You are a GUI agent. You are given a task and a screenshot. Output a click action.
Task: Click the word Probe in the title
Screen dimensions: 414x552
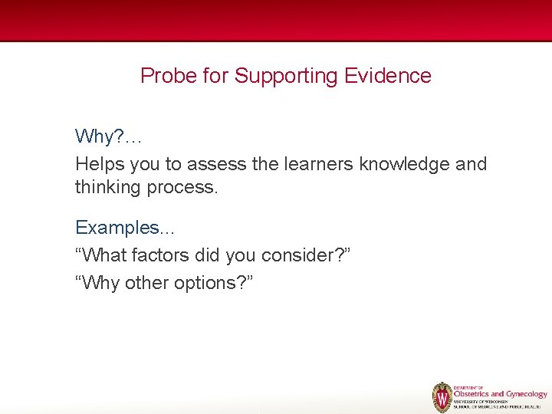(x=164, y=76)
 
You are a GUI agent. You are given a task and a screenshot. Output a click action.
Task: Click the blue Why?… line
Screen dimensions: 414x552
(x=108, y=137)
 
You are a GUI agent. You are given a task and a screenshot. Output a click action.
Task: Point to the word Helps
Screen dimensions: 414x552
(x=100, y=164)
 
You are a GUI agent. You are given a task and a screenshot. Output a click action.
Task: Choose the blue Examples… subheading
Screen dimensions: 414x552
(x=125, y=228)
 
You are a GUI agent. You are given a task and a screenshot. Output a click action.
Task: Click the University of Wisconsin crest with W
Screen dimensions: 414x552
(x=442, y=397)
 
